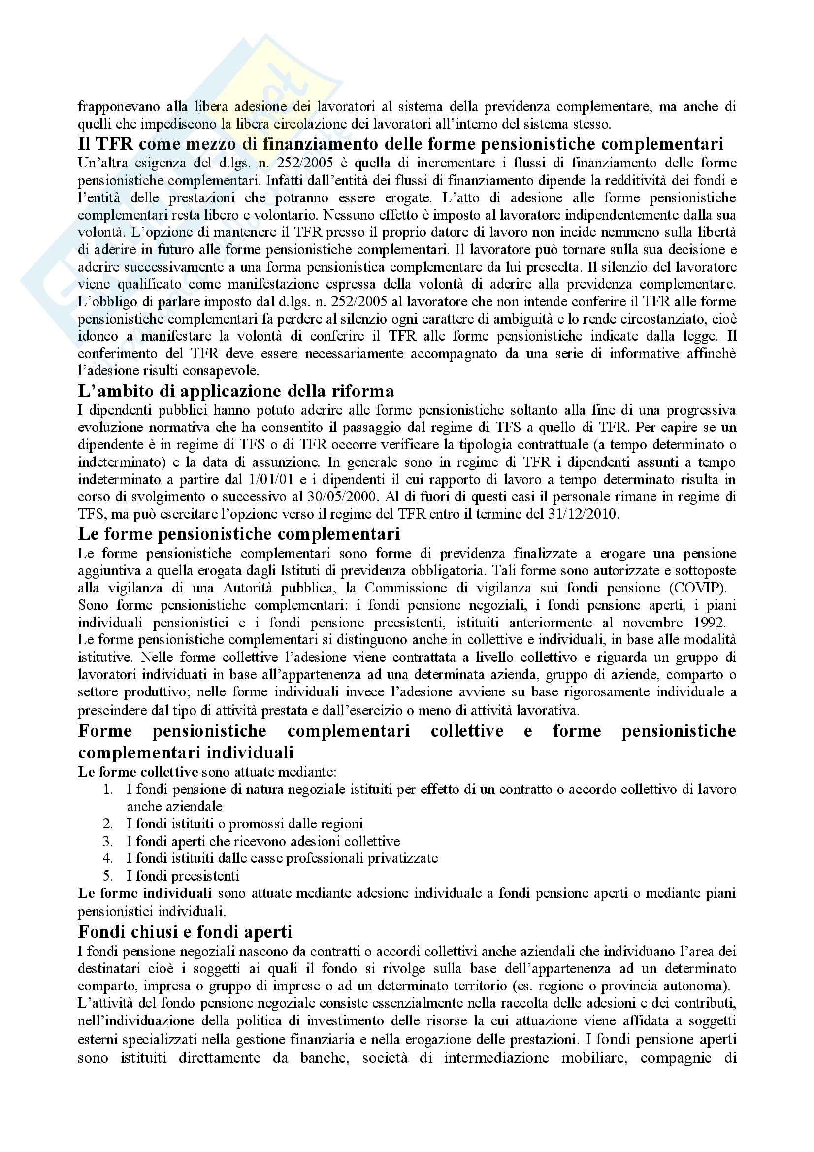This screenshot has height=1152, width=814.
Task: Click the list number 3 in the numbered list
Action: tap(108, 841)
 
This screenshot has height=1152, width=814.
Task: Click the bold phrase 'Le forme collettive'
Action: tap(138, 772)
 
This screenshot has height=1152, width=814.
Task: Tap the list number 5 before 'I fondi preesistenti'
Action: tap(108, 876)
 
